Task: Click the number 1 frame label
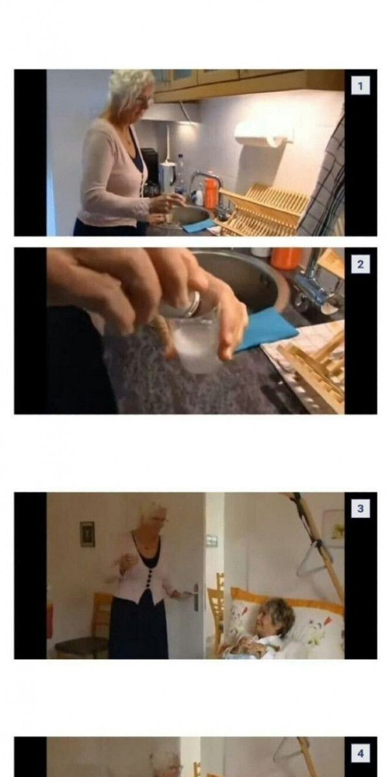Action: point(360,85)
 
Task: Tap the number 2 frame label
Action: point(360,264)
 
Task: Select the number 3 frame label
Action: point(360,508)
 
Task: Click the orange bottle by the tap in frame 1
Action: point(210,189)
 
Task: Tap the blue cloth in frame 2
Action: point(266,331)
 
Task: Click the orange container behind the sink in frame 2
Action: point(287,258)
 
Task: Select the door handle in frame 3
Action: point(192,594)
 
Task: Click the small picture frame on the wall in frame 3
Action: point(87,534)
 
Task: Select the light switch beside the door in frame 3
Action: point(211,538)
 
